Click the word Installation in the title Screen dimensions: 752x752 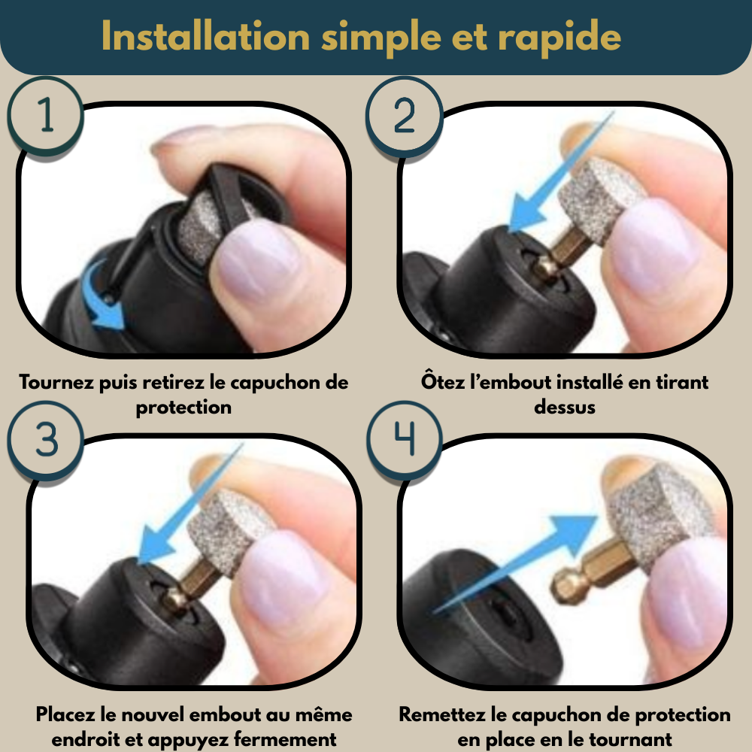[206, 36]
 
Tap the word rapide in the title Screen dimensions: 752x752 [559, 38]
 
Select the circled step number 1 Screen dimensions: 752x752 [46, 115]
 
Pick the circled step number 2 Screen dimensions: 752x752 [405, 115]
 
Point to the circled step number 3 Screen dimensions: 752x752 [46, 439]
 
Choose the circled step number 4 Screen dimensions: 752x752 [405, 439]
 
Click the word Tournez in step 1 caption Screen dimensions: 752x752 [56, 382]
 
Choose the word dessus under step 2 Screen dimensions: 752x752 [565, 407]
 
